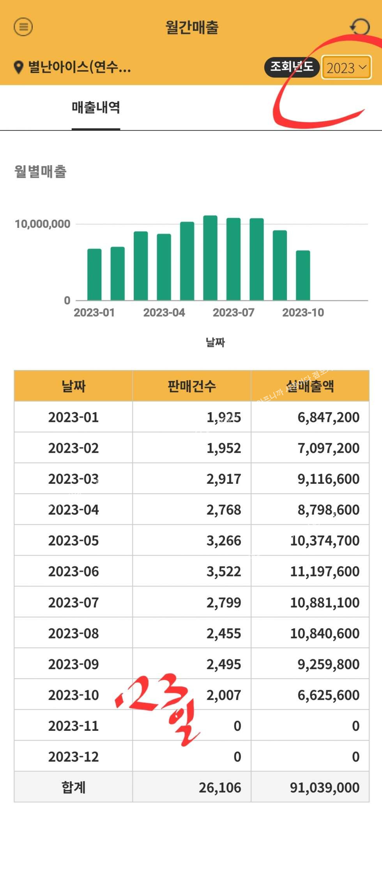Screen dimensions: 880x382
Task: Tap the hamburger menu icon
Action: click(x=23, y=27)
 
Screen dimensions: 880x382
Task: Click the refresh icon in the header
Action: click(x=359, y=27)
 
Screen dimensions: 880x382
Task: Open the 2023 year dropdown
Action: click(x=346, y=68)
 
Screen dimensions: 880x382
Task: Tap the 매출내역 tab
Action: click(x=96, y=108)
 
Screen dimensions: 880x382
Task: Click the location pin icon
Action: click(x=18, y=67)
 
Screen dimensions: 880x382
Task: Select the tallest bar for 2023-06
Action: click(x=210, y=257)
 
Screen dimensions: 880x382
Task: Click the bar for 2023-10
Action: click(x=303, y=275)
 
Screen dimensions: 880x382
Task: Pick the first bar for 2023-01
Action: click(x=94, y=274)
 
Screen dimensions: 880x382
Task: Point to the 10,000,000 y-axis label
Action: click(x=42, y=224)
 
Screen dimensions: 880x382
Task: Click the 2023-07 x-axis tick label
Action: click(x=233, y=312)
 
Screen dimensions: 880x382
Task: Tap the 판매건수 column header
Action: click(x=191, y=386)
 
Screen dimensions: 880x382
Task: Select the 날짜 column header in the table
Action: click(x=73, y=386)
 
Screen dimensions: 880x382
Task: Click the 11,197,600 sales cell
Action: click(x=325, y=571)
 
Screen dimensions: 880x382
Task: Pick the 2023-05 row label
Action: click(x=73, y=541)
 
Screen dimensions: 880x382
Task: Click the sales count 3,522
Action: click(x=224, y=571)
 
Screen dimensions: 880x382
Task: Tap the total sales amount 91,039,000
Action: click(x=325, y=787)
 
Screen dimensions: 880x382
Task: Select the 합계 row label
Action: click(x=73, y=787)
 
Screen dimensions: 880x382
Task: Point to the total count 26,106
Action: click(x=220, y=787)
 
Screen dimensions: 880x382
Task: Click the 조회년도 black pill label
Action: click(x=292, y=67)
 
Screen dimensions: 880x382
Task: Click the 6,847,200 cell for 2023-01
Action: click(x=329, y=417)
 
